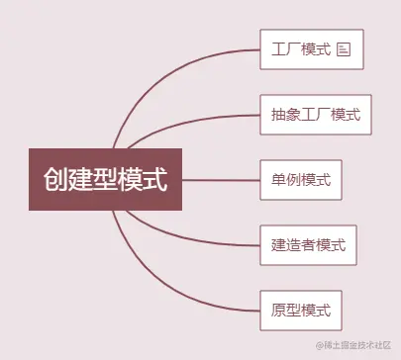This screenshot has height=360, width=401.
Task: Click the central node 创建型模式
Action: click(x=107, y=180)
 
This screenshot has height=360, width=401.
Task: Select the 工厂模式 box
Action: click(x=312, y=47)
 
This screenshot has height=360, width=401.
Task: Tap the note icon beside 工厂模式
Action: click(x=345, y=48)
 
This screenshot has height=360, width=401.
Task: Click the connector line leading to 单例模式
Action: click(x=223, y=180)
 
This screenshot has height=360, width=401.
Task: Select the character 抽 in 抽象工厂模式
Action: click(x=277, y=115)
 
